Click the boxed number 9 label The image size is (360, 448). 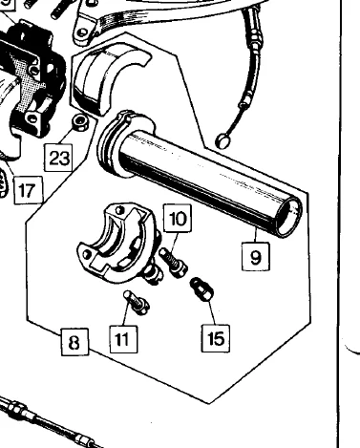tap(256, 255)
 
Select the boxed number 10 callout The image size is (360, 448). tap(178, 220)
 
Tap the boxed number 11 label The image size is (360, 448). tap(121, 337)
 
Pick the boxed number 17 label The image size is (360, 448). tap(27, 190)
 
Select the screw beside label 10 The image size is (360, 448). tap(173, 259)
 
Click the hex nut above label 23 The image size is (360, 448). tap(82, 122)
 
